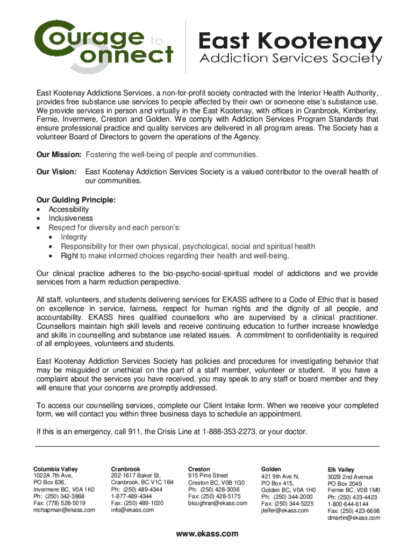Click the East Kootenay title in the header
tap(291, 42)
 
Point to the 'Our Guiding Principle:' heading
tap(76, 200)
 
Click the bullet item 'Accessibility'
tap(69, 209)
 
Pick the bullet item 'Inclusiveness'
tap(70, 218)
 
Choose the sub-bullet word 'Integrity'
tap(74, 237)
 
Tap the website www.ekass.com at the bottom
tap(207, 534)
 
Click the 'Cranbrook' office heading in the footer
tap(125, 469)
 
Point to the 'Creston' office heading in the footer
tap(199, 469)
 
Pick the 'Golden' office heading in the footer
tap(271, 469)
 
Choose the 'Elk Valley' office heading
tap(341, 470)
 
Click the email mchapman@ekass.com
tap(64, 510)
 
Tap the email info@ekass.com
tap(132, 510)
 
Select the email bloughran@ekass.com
tap(218, 503)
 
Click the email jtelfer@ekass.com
tap(285, 510)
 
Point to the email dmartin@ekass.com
tap(354, 518)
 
